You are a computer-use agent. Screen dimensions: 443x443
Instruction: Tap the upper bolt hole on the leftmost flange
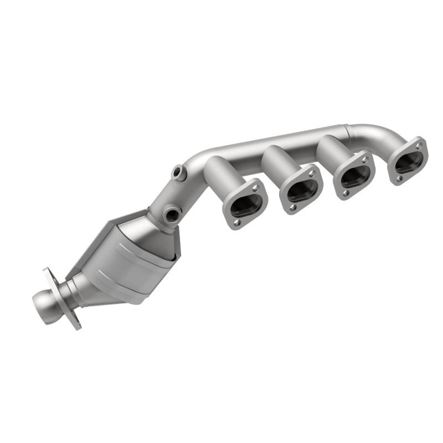[x=256, y=187]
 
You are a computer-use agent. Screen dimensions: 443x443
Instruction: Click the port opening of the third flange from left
[x=355, y=176]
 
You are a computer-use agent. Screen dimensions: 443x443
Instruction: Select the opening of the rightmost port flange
[x=409, y=161]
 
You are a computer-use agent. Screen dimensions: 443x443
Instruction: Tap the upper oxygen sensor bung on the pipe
[x=178, y=173]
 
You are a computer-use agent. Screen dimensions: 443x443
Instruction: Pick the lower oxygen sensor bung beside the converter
[x=171, y=213]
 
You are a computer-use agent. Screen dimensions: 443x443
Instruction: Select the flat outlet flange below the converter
[x=61, y=299]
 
